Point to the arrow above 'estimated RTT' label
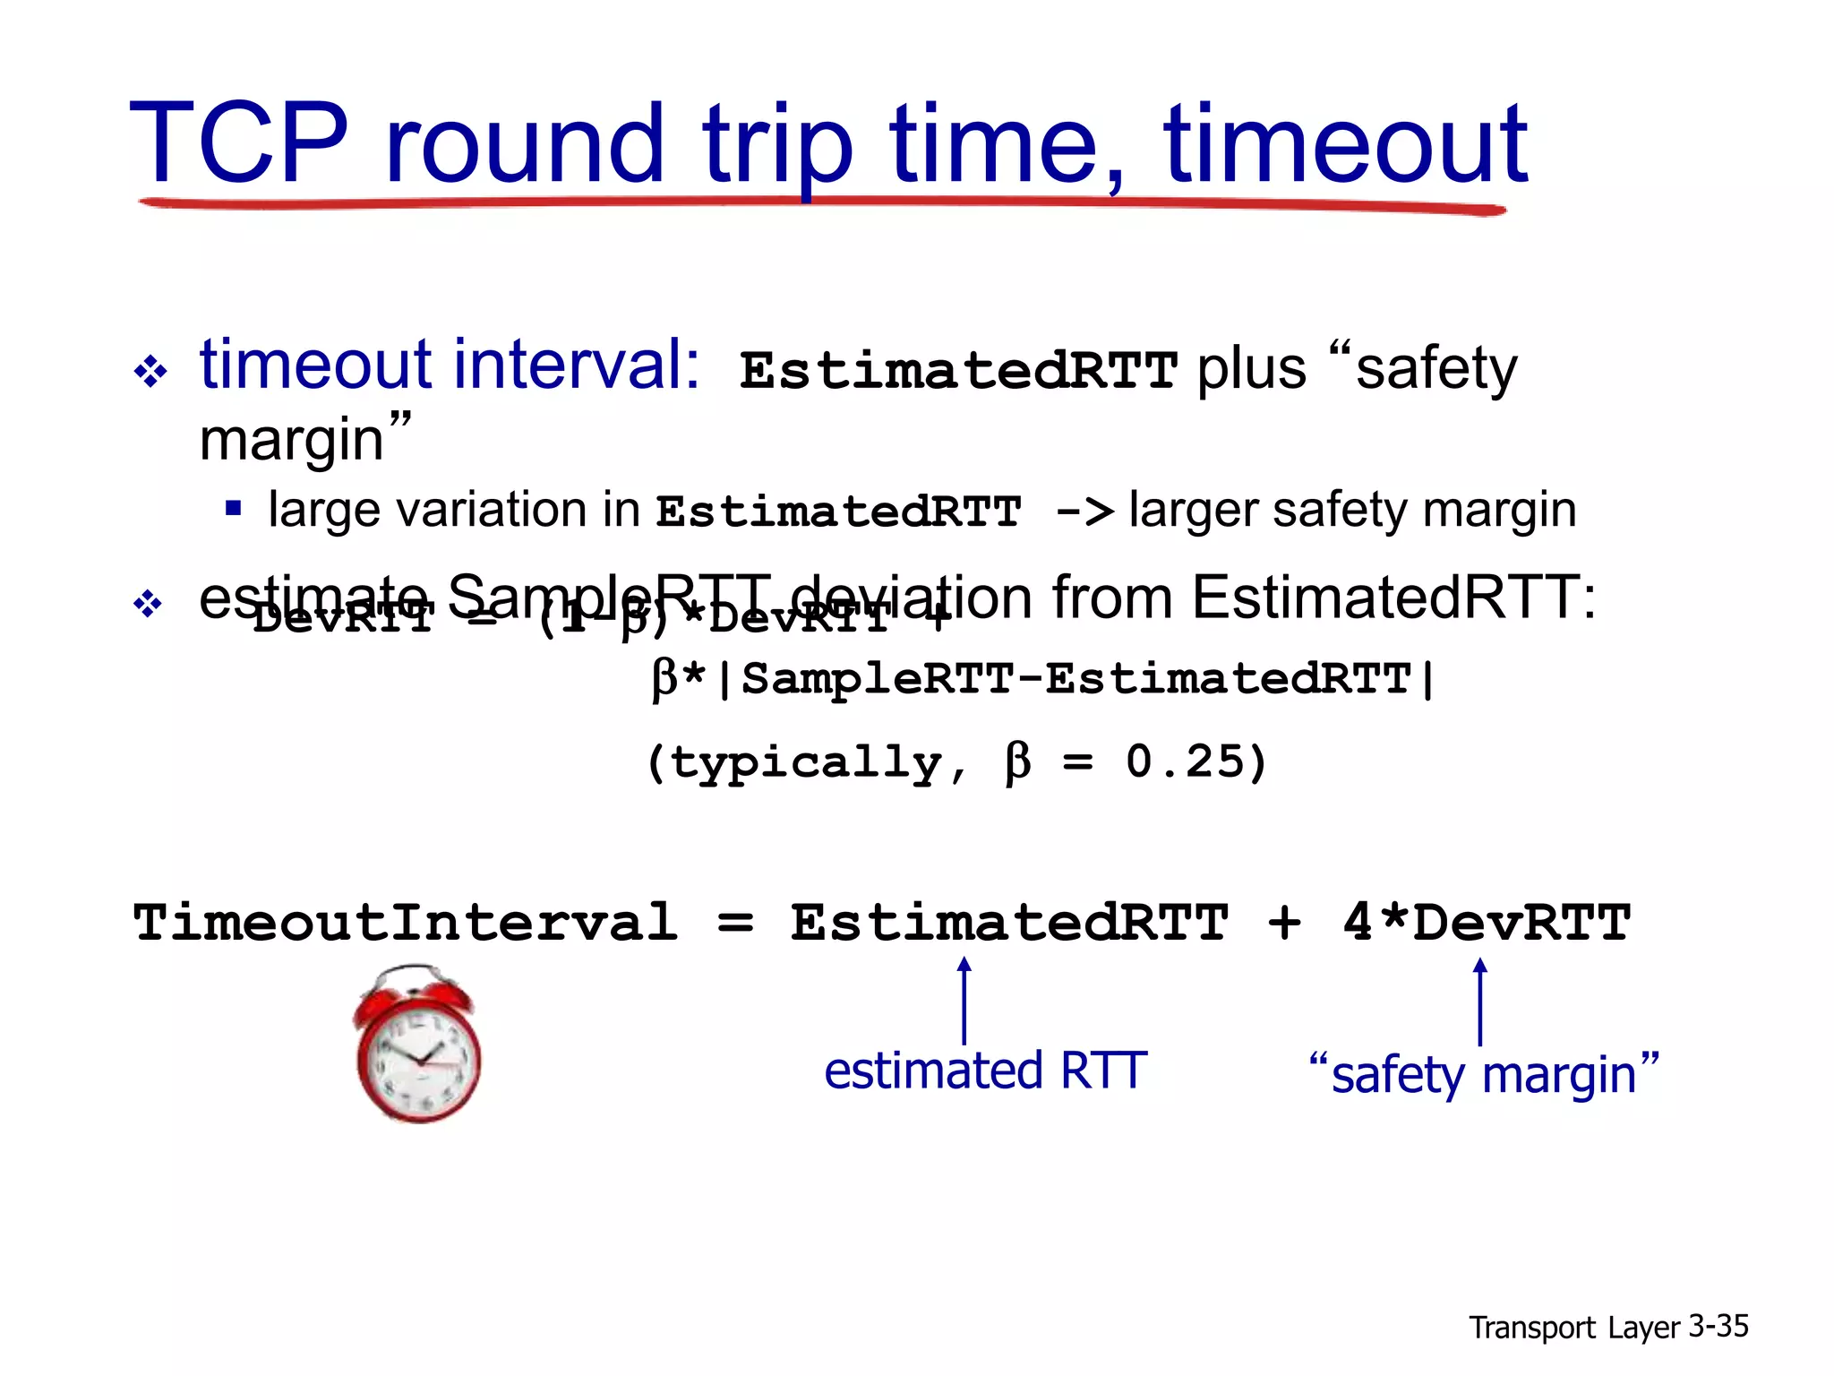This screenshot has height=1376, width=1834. pyautogui.click(x=964, y=999)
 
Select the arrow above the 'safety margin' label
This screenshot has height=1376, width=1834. pyautogui.click(x=1480, y=1000)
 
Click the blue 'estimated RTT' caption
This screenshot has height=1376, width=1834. pyautogui.click(x=985, y=1071)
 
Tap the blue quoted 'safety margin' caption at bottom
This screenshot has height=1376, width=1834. pyautogui.click(x=1484, y=1073)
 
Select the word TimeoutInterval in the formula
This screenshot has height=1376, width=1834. pyautogui.click(x=406, y=922)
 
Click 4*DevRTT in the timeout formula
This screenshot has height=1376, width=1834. pyautogui.click(x=1487, y=922)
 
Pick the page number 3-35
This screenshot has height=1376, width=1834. pyautogui.click(x=1718, y=1326)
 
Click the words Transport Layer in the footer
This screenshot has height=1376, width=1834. pyautogui.click(x=1574, y=1328)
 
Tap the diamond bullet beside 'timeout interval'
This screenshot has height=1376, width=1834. pyautogui.click(x=150, y=371)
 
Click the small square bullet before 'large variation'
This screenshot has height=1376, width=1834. pyautogui.click(x=234, y=509)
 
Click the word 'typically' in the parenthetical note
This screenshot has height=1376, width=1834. pyautogui.click(x=806, y=763)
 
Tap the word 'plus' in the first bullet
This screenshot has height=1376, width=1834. pyautogui.click(x=1252, y=369)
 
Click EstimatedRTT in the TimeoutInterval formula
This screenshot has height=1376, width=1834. pyautogui.click(x=1009, y=922)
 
